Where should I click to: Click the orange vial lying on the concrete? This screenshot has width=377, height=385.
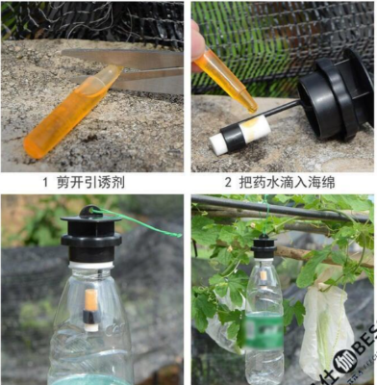tap(67, 114)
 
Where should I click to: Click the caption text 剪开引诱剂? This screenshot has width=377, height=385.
tap(99, 180)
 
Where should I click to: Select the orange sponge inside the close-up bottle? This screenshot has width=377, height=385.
tap(90, 305)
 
